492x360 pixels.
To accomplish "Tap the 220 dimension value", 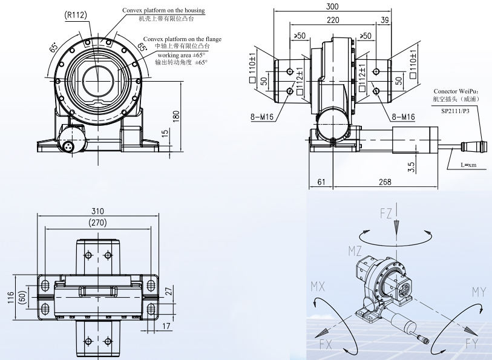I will tap(333, 20).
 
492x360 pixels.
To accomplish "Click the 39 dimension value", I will tap(385, 20).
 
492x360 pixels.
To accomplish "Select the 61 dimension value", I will tap(321, 182).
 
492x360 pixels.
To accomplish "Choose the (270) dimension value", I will tap(98, 223).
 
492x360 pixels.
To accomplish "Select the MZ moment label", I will tap(355, 250).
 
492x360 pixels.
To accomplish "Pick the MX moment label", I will tap(319, 285).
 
